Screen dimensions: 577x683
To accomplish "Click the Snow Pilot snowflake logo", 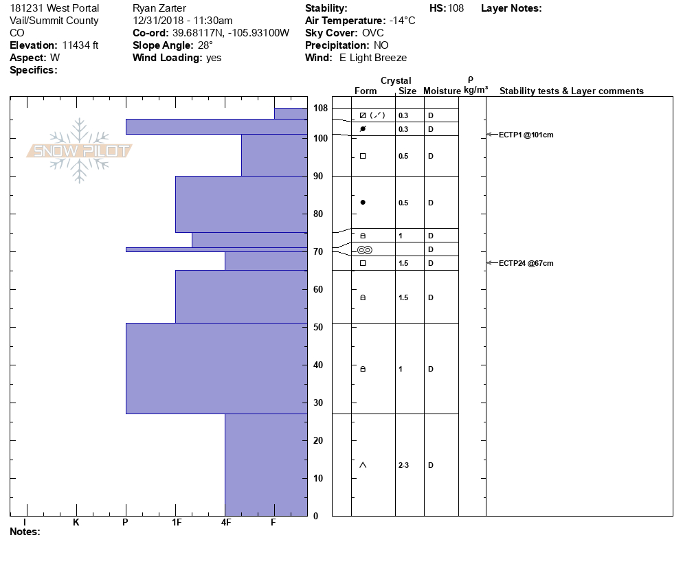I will pos(79,150).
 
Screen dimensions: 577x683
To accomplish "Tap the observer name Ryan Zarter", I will pos(159,8).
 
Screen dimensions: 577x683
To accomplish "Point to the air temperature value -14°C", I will pos(402,21).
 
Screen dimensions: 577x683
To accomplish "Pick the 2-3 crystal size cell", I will pos(403,465).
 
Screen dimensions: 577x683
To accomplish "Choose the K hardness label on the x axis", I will pos(76,522).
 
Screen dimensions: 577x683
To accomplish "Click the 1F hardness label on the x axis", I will pos(176,522).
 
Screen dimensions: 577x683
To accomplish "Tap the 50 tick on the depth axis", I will pos(318,327).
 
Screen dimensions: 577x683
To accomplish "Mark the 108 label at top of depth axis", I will pos(320,109).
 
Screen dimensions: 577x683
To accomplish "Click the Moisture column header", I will pos(442,91).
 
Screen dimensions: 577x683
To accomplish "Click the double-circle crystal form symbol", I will pos(364,249).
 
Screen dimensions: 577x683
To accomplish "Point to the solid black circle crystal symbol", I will pos(363,202).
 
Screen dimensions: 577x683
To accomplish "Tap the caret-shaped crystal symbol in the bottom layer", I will pos(363,465).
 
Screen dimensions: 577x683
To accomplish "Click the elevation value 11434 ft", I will pos(80,45).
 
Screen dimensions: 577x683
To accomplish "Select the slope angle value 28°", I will pos(205,45).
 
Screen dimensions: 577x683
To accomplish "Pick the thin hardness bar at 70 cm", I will pos(216,249).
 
